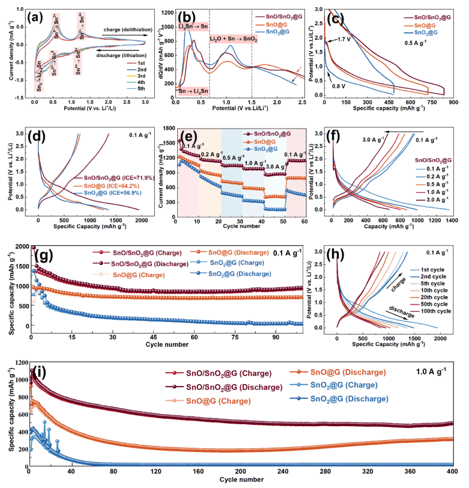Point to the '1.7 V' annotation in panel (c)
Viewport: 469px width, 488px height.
click(340, 39)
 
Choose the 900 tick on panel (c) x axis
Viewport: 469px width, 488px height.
click(454, 103)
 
